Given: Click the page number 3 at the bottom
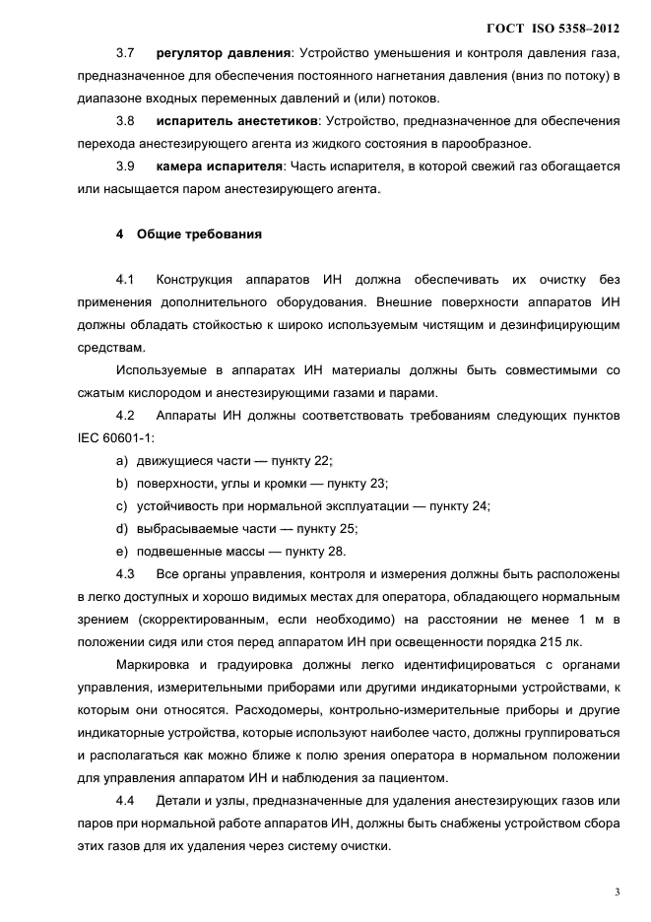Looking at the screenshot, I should click(617, 892).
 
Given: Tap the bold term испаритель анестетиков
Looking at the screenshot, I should click(229, 120).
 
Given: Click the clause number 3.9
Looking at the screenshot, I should click(125, 166).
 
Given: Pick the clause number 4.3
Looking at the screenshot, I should click(125, 573).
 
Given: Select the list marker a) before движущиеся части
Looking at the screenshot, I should click(122, 460).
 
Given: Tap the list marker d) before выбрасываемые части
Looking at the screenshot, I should click(122, 528).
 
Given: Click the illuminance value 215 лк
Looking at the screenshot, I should click(598, 640).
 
